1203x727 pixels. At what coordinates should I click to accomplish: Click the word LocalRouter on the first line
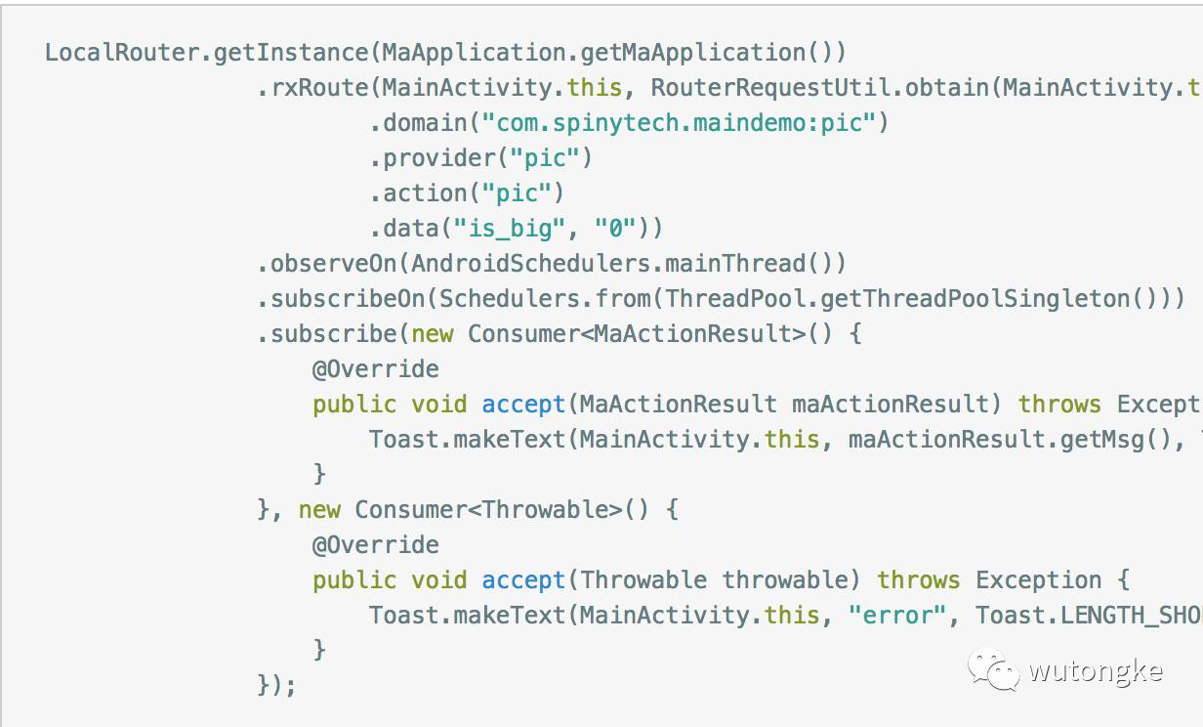coord(122,53)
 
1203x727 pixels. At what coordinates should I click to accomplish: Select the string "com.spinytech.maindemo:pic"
coord(679,123)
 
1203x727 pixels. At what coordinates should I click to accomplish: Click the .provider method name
coord(423,158)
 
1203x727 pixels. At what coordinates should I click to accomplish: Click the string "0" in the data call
coord(615,229)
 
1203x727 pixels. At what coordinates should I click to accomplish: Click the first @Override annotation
coord(375,369)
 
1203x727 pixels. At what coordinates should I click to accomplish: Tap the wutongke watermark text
coord(1095,672)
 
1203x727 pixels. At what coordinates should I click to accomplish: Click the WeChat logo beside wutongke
coord(993,670)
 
